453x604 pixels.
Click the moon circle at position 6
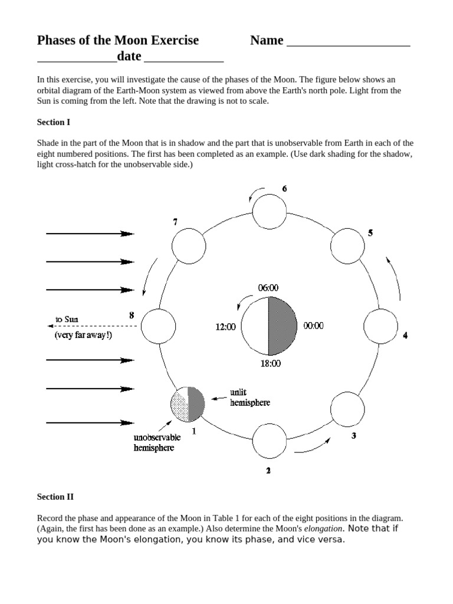coord(270,211)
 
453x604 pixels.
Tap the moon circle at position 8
coord(158,325)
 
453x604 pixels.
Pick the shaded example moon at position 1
coord(188,403)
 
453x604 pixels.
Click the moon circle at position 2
coord(270,439)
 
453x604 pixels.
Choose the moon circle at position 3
coord(348,409)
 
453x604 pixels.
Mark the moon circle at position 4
coord(381,325)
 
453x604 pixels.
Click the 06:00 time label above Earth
coord(268,288)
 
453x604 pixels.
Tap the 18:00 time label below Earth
coord(271,364)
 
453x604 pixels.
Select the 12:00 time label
coord(225,326)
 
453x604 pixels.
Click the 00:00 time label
coord(313,326)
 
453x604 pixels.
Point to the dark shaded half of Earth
coord(281,326)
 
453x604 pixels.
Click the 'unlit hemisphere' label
coord(250,398)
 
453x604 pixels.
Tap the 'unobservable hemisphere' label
coord(157,442)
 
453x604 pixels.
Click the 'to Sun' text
coord(67,320)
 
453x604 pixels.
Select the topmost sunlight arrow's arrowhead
coord(127,234)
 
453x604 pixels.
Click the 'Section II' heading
coord(55,497)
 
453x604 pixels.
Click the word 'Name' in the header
coord(266,41)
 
